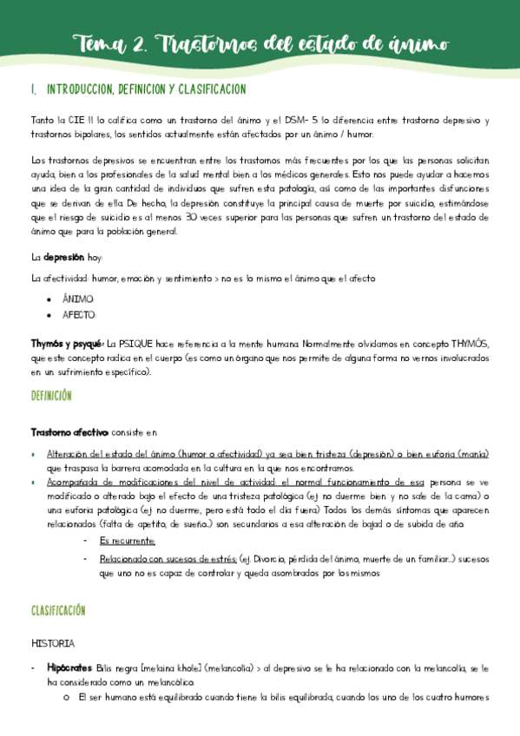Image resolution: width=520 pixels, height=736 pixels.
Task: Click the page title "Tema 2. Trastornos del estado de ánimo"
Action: coord(260,43)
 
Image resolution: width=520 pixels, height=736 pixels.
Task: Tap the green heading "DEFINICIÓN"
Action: coord(51,395)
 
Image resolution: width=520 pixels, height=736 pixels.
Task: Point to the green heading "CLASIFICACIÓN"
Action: coord(58,610)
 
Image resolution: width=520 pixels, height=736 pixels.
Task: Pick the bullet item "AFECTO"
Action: coord(79,315)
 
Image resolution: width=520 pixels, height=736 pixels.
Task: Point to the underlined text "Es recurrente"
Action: coord(127,541)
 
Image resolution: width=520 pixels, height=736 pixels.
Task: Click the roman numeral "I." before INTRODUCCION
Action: coord(34,89)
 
